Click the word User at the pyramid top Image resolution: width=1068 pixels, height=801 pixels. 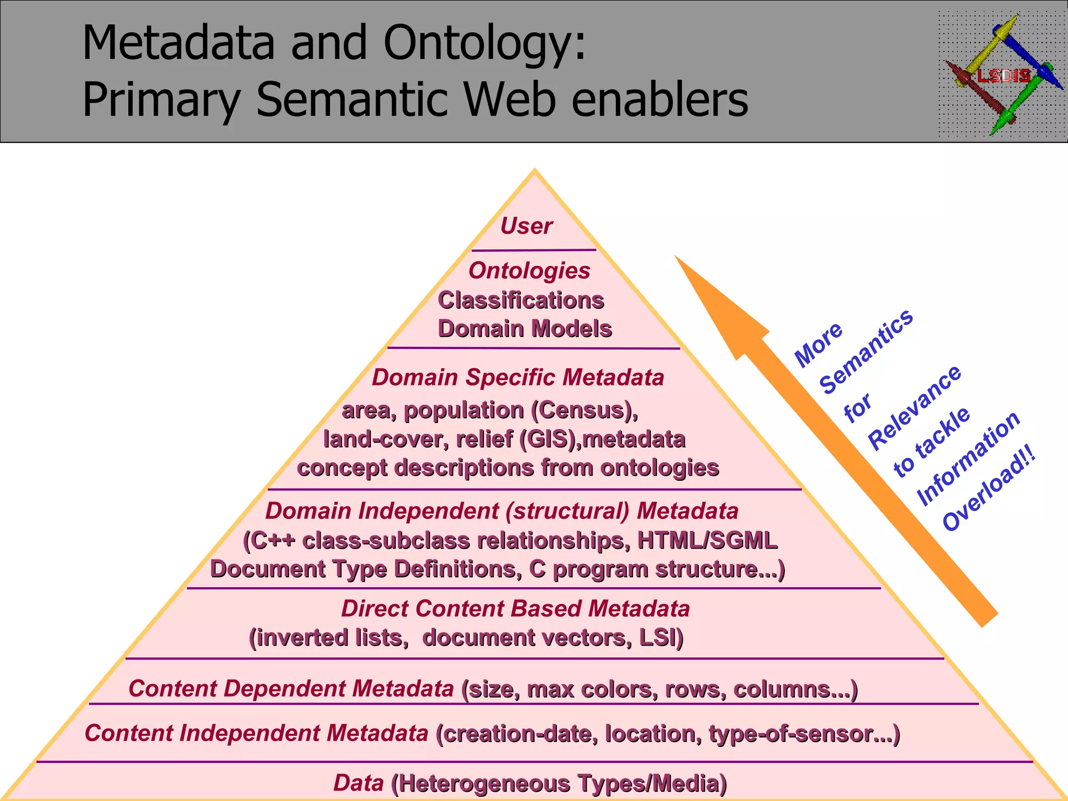526,226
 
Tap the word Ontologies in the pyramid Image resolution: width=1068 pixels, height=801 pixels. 529,271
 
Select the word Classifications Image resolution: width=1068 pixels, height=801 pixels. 520,300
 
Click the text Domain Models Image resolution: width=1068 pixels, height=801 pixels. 525,329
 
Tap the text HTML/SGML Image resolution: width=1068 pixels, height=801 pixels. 707,540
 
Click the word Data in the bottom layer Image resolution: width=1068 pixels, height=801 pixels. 358,783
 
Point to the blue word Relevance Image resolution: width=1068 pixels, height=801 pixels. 915,407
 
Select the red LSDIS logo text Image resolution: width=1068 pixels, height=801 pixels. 1003,77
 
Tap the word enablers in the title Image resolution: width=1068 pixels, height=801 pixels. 659,99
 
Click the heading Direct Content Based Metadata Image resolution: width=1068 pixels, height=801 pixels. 515,609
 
